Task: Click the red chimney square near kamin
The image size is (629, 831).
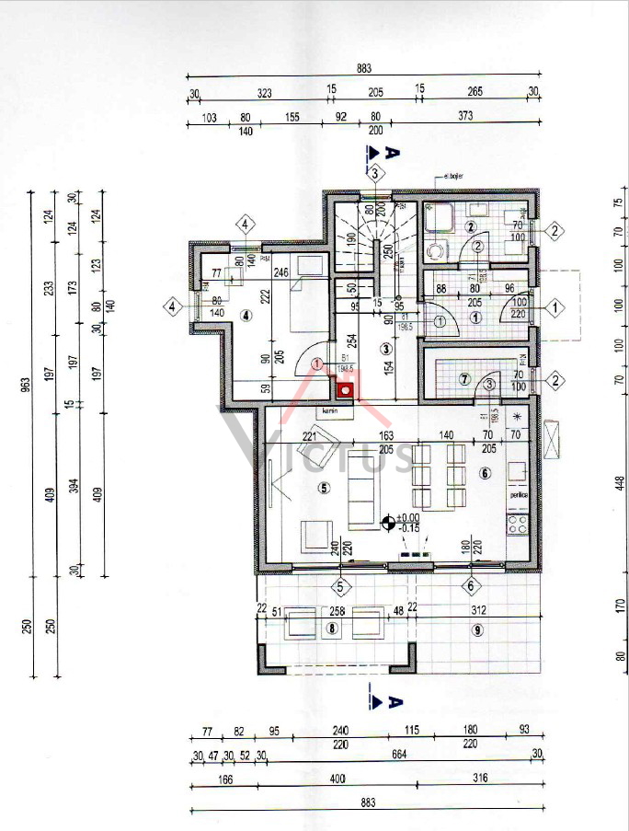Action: [x=346, y=389]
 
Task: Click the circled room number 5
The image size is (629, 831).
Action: [x=324, y=489]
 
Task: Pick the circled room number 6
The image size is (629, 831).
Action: [x=485, y=473]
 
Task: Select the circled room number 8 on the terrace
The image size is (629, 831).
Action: [x=332, y=629]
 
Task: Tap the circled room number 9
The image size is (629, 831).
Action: [x=476, y=629]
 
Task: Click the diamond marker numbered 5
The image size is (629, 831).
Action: [x=340, y=585]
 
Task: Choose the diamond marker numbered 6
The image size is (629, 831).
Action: [x=470, y=585]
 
